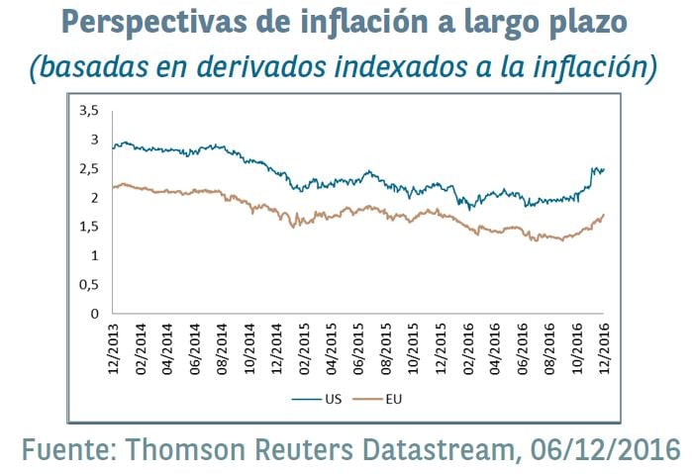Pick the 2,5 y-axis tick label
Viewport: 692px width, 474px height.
click(89, 168)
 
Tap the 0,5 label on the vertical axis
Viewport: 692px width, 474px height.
click(89, 285)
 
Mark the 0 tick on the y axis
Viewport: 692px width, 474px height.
click(95, 314)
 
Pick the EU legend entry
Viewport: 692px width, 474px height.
click(393, 400)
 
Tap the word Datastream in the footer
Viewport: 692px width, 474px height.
click(445, 450)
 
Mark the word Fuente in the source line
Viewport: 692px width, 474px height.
click(68, 450)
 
